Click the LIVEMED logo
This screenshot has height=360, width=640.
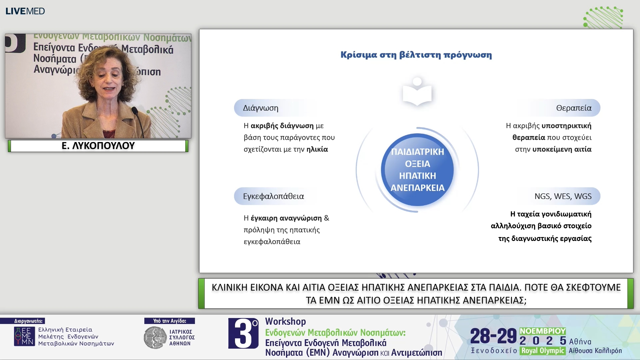coord(25,11)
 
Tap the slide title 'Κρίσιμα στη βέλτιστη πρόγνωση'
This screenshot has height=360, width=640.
coord(416,55)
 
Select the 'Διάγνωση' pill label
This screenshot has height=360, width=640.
coord(261,108)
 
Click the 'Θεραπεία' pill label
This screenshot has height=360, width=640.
coord(574,108)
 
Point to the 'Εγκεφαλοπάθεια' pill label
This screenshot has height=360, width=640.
coord(273,196)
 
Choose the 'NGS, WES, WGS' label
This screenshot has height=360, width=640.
coord(563,196)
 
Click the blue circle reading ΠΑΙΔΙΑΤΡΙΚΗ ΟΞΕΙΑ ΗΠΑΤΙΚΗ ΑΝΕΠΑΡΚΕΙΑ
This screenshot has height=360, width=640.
coord(417,170)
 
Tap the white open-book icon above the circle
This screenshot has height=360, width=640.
coord(417,91)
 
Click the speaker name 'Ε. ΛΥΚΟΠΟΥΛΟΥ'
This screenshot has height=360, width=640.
coord(98,146)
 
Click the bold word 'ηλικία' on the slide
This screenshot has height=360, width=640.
coord(317,149)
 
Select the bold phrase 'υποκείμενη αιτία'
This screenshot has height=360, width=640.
coord(562,149)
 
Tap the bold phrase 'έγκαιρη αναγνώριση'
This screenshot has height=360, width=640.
coord(286,218)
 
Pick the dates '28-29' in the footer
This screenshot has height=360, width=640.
coord(493,336)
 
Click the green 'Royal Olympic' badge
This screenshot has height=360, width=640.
coord(543,351)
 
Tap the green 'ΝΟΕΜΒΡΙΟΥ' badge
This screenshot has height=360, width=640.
coord(543,331)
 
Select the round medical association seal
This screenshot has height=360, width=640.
coord(155,338)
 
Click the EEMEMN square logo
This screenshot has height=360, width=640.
coord(24,336)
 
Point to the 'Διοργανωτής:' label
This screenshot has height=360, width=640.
coord(28,321)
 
